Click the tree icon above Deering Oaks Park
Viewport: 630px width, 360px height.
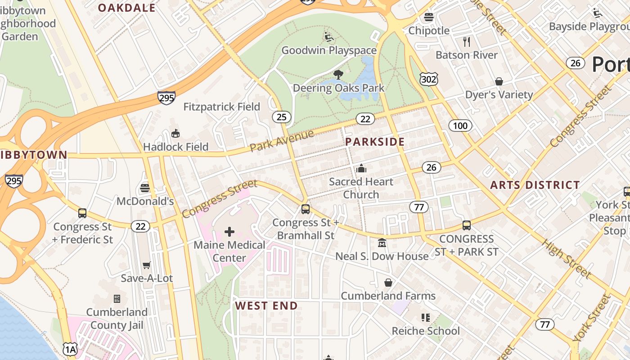tap(338, 75)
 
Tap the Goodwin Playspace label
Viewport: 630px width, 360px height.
tap(328, 50)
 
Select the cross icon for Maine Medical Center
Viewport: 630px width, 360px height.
tap(229, 232)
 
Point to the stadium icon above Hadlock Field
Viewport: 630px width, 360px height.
tap(175, 134)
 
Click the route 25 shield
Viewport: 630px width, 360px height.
tap(281, 117)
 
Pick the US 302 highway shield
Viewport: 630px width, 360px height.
tap(428, 79)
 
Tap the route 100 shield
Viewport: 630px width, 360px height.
tap(460, 126)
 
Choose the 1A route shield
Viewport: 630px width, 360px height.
tap(70, 349)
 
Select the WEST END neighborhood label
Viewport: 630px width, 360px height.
tap(266, 306)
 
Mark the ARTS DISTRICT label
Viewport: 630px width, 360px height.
tap(535, 185)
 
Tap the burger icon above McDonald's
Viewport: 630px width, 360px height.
tap(144, 188)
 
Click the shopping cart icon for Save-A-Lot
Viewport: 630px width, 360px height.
tap(146, 265)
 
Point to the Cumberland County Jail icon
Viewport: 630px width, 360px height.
tap(117, 299)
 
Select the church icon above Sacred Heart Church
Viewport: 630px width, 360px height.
tap(361, 169)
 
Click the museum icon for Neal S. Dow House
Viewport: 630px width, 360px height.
tap(382, 243)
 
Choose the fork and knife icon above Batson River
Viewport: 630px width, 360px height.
tap(467, 42)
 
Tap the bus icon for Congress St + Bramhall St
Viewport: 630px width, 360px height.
tap(306, 209)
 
